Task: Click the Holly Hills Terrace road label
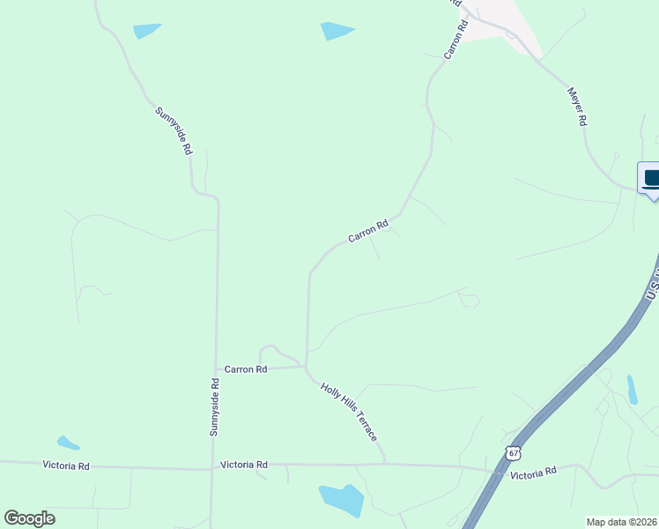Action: click(350, 413)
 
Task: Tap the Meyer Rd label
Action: click(577, 107)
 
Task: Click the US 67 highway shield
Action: click(513, 452)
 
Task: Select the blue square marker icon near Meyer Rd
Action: click(650, 179)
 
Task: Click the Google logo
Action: click(29, 518)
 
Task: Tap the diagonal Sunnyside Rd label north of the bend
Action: click(173, 130)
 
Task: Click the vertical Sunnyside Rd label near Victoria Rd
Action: click(214, 406)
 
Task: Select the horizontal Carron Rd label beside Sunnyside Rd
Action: click(246, 369)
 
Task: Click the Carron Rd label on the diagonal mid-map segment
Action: click(368, 232)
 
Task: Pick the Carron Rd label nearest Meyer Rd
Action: click(455, 41)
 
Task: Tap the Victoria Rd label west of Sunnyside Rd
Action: click(67, 466)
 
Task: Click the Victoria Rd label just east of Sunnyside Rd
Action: click(243, 464)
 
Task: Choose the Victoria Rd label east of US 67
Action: click(534, 473)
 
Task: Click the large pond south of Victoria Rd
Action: click(342, 500)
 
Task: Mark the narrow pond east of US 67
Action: click(632, 389)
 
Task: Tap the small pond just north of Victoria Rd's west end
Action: click(68, 443)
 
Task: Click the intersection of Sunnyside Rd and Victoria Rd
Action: click(212, 468)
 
